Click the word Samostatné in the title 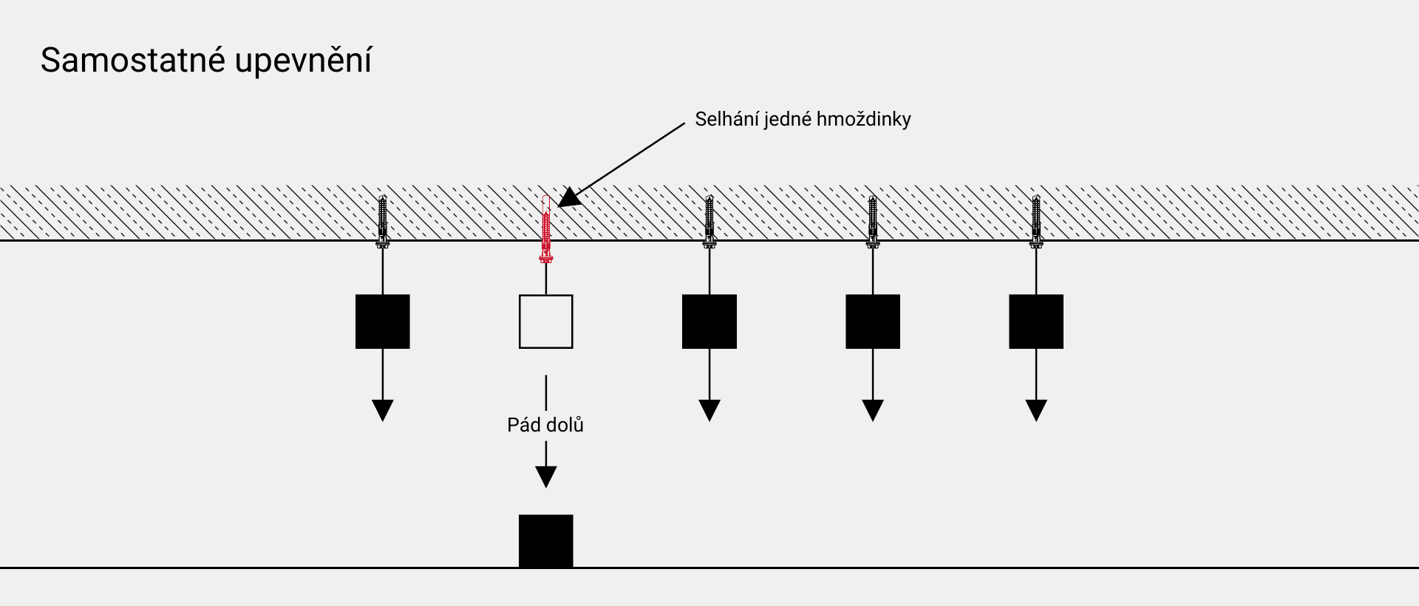133,60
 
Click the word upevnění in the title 303,61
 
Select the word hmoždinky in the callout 865,120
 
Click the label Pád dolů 545,425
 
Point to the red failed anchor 546,229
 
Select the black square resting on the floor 546,541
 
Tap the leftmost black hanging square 383,321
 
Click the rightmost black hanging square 1036,321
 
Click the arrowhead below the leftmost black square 383,410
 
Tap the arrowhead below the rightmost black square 1036,410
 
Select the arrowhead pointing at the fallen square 546,477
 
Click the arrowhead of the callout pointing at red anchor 569,197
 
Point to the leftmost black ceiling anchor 383,222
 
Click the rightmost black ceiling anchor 1036,222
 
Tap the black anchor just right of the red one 709,222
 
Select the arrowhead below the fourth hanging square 873,410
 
